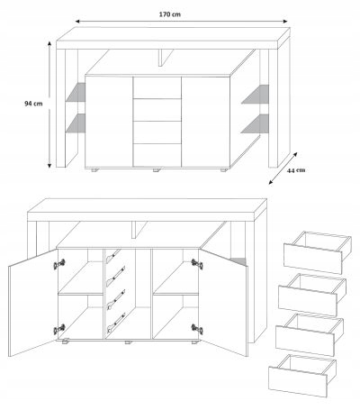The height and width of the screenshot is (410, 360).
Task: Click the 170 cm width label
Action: click(170, 14)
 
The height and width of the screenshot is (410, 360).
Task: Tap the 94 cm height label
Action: click(33, 104)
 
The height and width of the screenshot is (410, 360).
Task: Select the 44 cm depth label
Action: click(296, 170)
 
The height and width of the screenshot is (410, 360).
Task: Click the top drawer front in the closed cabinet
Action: click(157, 87)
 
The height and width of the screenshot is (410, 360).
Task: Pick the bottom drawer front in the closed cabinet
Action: click(157, 155)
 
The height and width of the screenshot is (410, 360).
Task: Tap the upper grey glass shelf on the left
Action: click(76, 92)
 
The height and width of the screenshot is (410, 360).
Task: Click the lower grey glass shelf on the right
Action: click(256, 123)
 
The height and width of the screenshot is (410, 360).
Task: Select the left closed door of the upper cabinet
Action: click(109, 121)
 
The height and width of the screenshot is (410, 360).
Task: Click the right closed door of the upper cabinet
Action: click(206, 122)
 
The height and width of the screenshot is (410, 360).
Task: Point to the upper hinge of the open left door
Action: click(59, 264)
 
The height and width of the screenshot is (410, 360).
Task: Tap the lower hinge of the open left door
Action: click(59, 329)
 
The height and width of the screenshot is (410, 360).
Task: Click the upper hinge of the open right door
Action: click(197, 264)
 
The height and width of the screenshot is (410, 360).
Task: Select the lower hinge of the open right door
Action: click(197, 329)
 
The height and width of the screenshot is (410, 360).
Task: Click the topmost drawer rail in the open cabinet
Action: click(113, 255)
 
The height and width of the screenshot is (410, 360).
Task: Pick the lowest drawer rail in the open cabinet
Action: click(116, 323)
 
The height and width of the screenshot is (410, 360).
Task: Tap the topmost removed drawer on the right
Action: click(317, 252)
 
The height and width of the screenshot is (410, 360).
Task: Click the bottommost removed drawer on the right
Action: click(302, 376)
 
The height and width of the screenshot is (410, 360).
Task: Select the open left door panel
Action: click(33, 303)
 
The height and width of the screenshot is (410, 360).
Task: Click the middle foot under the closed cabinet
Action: click(157, 170)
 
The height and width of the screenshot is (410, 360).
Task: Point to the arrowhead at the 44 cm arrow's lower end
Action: click(271, 182)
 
